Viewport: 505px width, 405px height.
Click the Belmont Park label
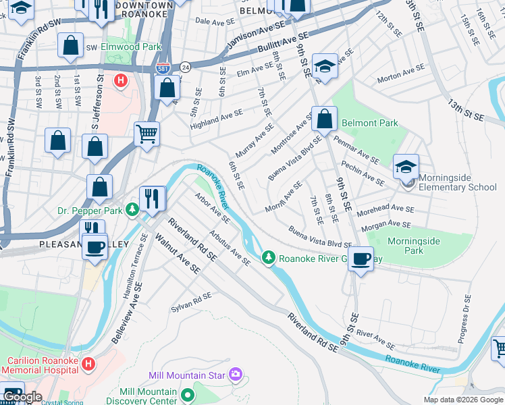click(x=370, y=124)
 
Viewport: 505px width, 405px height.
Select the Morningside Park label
click(x=414, y=246)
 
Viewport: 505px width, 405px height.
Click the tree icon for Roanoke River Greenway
click(x=269, y=258)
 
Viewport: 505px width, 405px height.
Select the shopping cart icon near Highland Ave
click(x=146, y=133)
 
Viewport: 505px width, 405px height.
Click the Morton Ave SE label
click(x=400, y=74)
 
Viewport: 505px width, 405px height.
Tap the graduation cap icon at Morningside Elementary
click(x=406, y=167)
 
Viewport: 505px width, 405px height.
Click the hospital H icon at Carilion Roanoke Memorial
click(x=88, y=364)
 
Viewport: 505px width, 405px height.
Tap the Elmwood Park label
click(x=131, y=47)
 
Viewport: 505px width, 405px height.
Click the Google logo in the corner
click(x=22, y=397)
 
